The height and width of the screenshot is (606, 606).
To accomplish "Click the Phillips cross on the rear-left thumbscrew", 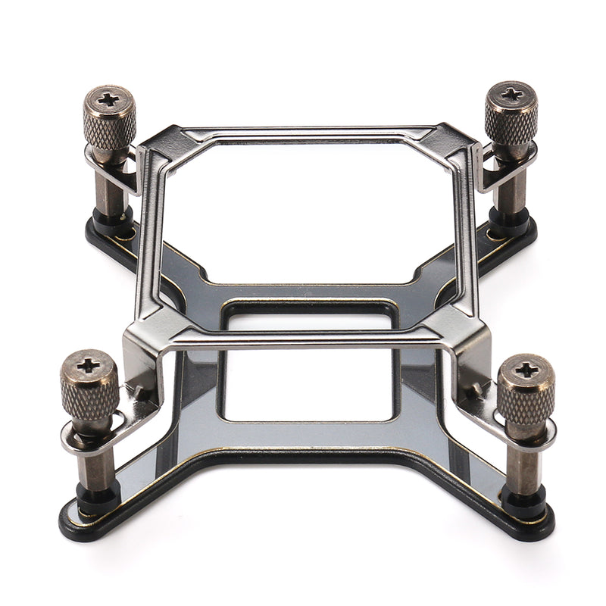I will point(110,98).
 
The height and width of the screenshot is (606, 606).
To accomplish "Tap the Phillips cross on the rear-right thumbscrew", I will point(511,94).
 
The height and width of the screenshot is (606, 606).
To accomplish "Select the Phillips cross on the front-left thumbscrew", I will point(89,365).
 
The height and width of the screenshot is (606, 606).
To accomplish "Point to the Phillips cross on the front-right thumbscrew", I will point(526,370).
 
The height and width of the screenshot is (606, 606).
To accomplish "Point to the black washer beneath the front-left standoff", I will point(97,500).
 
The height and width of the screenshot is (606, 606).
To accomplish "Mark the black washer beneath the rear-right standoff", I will point(508,219).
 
